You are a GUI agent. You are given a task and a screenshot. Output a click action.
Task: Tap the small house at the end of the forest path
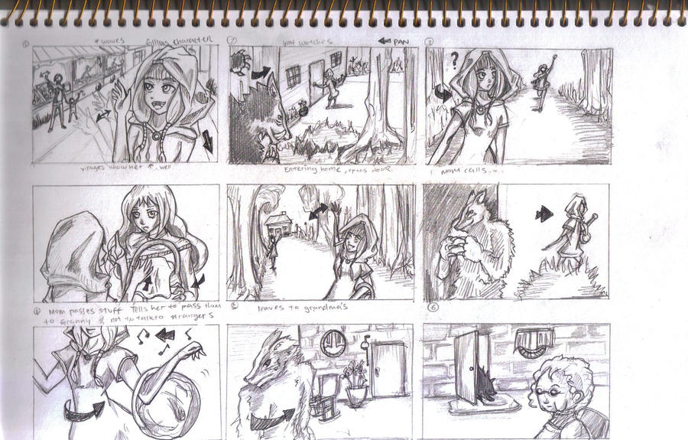click(x=277, y=224)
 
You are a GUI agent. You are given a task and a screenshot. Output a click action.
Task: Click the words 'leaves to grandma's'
click(x=277, y=307)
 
